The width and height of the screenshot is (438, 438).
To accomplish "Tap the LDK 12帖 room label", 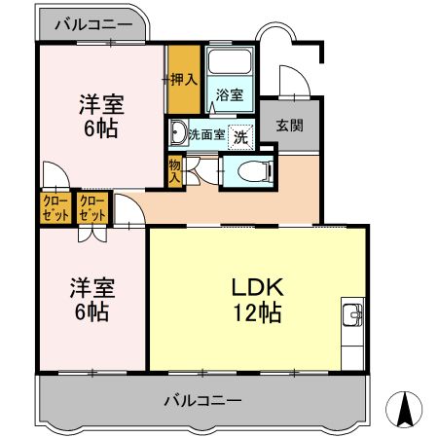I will pyautogui.click(x=256, y=301).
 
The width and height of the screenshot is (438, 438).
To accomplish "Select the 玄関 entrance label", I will pyautogui.click(x=288, y=125).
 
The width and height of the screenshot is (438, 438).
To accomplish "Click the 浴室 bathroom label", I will pyautogui.click(x=230, y=96).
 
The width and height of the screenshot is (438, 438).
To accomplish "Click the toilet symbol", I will pyautogui.click(x=252, y=172).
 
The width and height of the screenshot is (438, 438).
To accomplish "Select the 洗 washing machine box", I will pyautogui.click(x=239, y=135).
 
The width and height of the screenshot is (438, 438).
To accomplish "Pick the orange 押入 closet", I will pyautogui.click(x=182, y=79).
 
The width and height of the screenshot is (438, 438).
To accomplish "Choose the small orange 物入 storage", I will pyautogui.click(x=175, y=171).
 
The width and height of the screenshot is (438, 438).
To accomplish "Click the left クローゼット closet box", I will pyautogui.click(x=55, y=207).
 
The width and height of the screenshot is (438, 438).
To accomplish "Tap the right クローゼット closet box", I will pyautogui.click(x=92, y=207).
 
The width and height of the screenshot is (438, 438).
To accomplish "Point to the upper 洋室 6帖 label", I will pyautogui.click(x=99, y=116).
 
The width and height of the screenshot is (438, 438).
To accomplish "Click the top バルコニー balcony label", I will pyautogui.click(x=92, y=22).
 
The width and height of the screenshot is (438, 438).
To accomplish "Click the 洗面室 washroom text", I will pyautogui.click(x=206, y=133).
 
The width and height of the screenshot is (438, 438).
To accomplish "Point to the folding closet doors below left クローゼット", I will pyautogui.click(x=92, y=233).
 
